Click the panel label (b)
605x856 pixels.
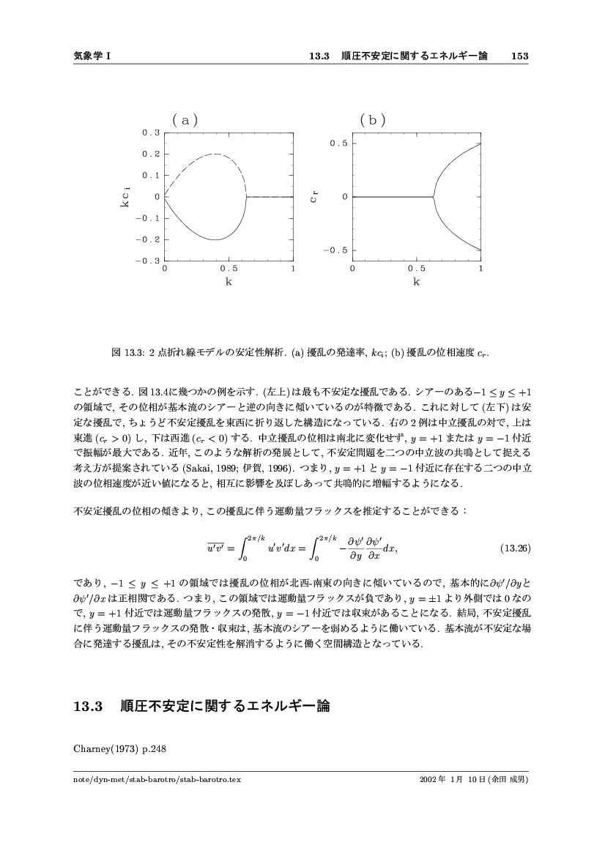tap(373, 119)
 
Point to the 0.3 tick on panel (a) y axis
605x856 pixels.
tap(151, 133)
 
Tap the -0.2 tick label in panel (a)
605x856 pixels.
tap(149, 239)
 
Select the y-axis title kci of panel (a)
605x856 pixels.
tap(125, 198)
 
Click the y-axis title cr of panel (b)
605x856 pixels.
tap(313, 196)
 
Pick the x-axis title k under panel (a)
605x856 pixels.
tap(229, 280)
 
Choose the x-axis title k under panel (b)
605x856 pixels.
tap(416, 280)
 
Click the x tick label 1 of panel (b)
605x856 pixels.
tap(480, 269)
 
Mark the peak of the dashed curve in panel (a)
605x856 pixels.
tap(217, 154)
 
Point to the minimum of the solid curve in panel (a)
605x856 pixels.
tap(216, 239)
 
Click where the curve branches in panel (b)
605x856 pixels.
tap(433, 196)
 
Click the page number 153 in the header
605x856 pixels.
tap(520, 56)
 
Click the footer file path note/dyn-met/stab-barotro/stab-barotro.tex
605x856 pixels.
tap(157, 780)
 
